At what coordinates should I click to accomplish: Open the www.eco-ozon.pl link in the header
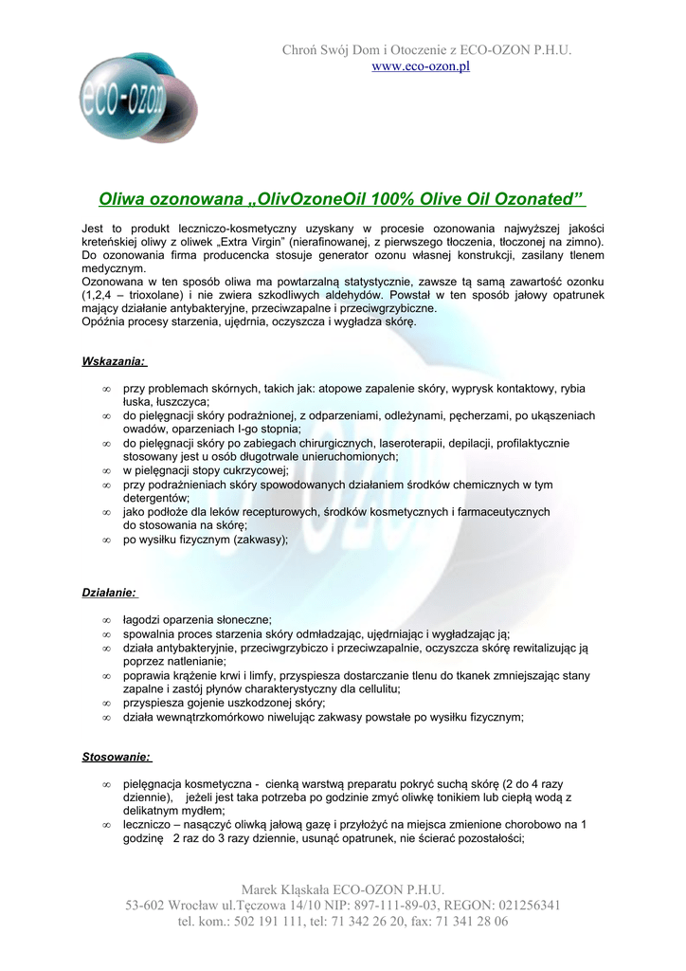[420, 66]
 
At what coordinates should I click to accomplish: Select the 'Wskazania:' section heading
[113, 361]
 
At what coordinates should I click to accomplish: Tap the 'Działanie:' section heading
[109, 594]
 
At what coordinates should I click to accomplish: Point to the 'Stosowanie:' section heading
[117, 758]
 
